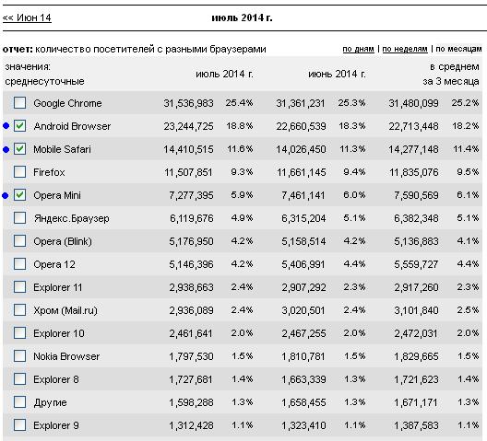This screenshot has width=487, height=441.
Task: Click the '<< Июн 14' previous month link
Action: coord(27,17)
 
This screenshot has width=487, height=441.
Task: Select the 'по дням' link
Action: coord(358,49)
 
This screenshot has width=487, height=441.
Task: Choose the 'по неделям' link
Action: coord(405,49)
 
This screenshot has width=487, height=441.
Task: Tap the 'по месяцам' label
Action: coord(458,49)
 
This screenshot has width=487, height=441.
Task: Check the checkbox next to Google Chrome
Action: coord(20,102)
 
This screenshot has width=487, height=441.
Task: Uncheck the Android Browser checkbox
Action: coord(20,125)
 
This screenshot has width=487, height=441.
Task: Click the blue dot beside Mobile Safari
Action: coord(6,149)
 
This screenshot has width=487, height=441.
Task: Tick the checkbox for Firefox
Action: coord(20,171)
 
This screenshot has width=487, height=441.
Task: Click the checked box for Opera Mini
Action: coord(20,195)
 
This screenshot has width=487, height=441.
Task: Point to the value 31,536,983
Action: coord(188,103)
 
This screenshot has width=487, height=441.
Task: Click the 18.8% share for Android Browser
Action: coord(240,125)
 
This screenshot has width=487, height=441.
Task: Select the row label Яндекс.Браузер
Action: coord(71,218)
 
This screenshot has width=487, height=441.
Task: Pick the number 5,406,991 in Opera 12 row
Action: coord(303,264)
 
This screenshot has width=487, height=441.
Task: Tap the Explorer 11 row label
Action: coord(58,287)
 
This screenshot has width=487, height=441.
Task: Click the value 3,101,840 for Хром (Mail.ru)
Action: coord(416,310)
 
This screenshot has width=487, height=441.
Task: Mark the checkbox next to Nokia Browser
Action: coord(20,355)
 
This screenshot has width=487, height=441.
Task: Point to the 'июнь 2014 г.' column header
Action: coord(337,75)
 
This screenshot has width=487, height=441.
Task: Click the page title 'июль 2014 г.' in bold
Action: coord(242,17)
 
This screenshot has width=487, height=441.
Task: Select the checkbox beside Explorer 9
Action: coord(20,424)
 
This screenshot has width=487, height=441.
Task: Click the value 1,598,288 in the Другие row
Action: coord(191,402)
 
